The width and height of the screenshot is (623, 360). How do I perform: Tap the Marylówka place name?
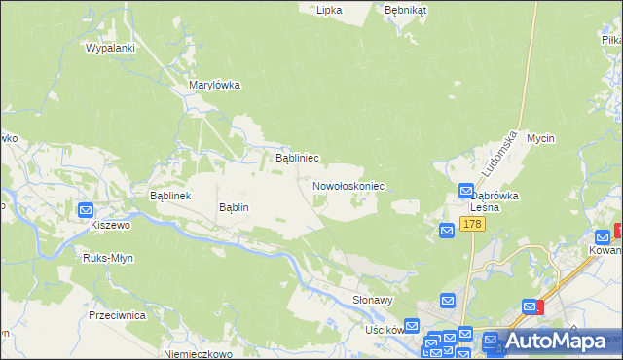tap(214, 85)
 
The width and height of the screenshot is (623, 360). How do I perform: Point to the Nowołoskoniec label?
tap(349, 185)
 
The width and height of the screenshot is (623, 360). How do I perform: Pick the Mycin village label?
tap(540, 138)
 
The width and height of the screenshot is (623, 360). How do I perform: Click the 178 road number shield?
tap(472, 225)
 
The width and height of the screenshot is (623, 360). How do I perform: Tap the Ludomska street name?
tap(497, 155)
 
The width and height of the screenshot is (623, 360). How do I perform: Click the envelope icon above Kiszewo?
tap(86, 209)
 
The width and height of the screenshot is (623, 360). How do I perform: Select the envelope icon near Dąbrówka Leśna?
tap(466, 192)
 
